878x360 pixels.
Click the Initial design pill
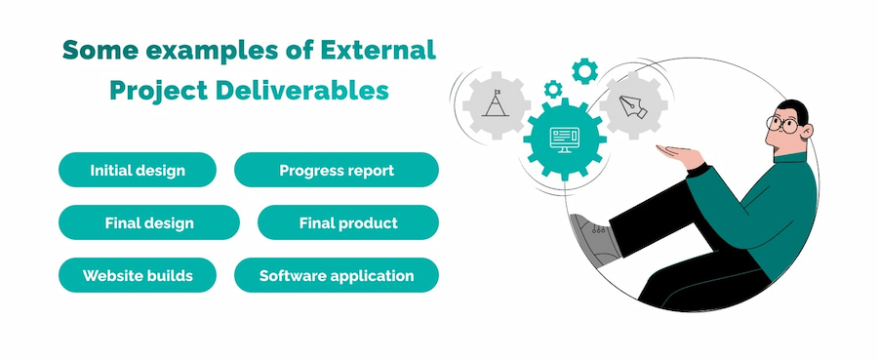pos(138,170)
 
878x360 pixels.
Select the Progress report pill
pos(337,170)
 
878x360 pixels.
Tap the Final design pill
pos(149,222)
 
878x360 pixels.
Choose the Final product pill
pos(348,222)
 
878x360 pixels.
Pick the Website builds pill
pos(138,275)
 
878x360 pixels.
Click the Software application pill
pos(337,275)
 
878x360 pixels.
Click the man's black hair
pos(795,106)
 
